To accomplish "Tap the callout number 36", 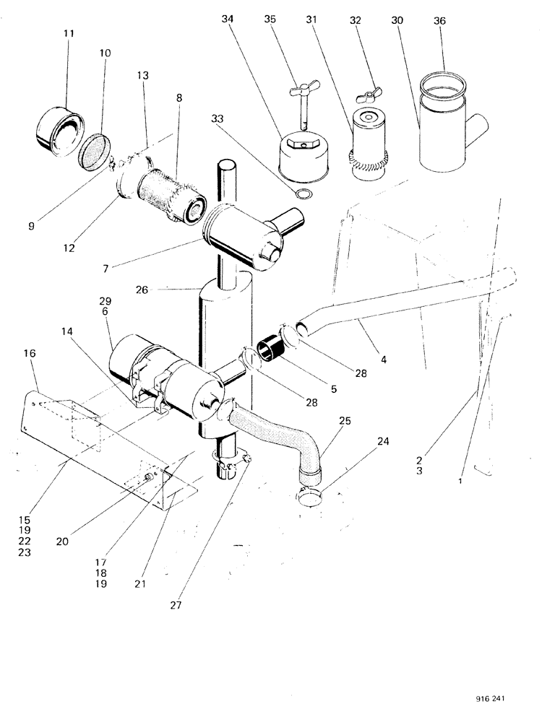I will point(440,21).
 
